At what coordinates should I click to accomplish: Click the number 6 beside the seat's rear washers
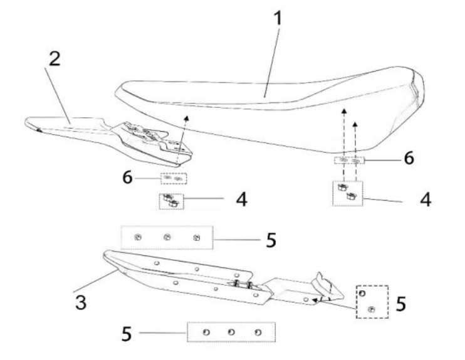pyautogui.click(x=407, y=159)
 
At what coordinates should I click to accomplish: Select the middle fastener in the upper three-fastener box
pyautogui.click(x=167, y=237)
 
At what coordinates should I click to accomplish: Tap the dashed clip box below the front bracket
pyautogui.click(x=169, y=201)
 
